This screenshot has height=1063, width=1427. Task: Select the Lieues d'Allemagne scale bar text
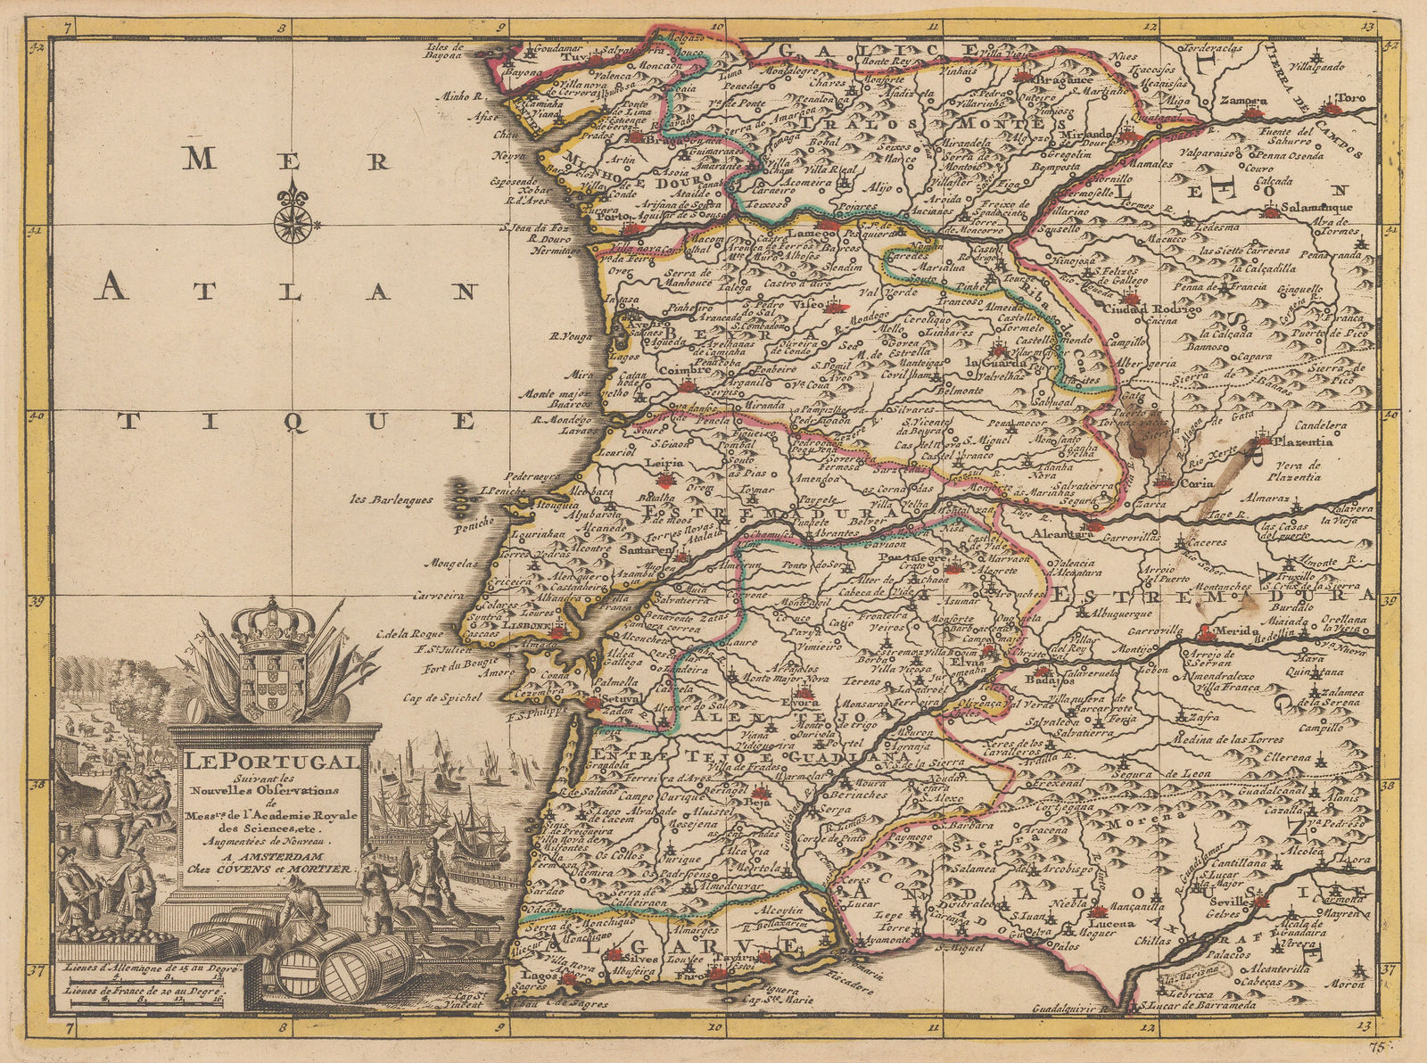pyautogui.click(x=144, y=966)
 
